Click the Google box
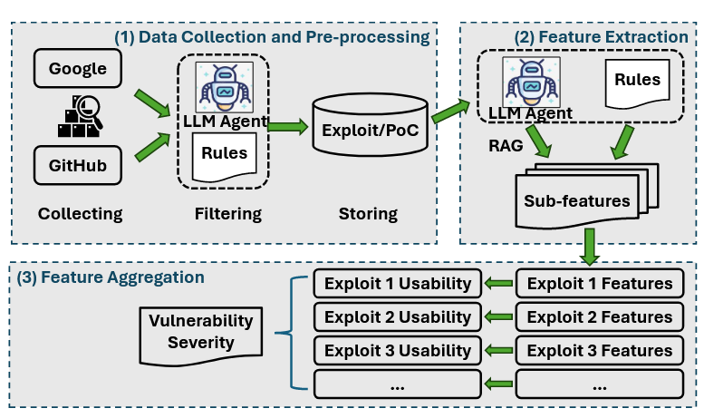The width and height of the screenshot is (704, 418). coord(78,69)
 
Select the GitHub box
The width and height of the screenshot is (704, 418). coord(78,166)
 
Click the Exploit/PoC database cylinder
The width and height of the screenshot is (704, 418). coord(368,127)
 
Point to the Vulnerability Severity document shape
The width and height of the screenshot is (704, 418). coord(201,332)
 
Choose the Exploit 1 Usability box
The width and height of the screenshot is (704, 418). coord(397,284)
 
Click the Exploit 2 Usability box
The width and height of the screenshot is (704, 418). coord(397,317)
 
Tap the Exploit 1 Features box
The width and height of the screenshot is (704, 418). coord(599,284)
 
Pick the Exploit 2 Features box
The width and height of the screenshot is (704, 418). coord(599,317)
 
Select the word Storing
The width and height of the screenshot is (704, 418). coord(369,214)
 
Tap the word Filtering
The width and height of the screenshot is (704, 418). coord(227,214)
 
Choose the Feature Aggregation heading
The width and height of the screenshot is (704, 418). coord(111,276)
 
